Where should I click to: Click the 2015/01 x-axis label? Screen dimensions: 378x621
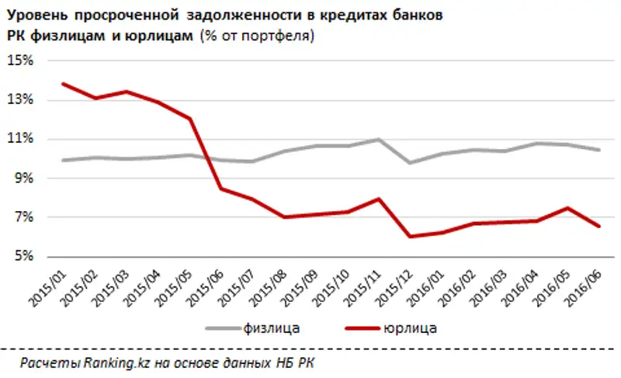[x=49, y=283]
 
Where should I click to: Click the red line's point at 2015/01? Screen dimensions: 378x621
[x=63, y=84]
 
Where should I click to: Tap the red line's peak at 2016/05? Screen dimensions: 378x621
[x=567, y=207]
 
